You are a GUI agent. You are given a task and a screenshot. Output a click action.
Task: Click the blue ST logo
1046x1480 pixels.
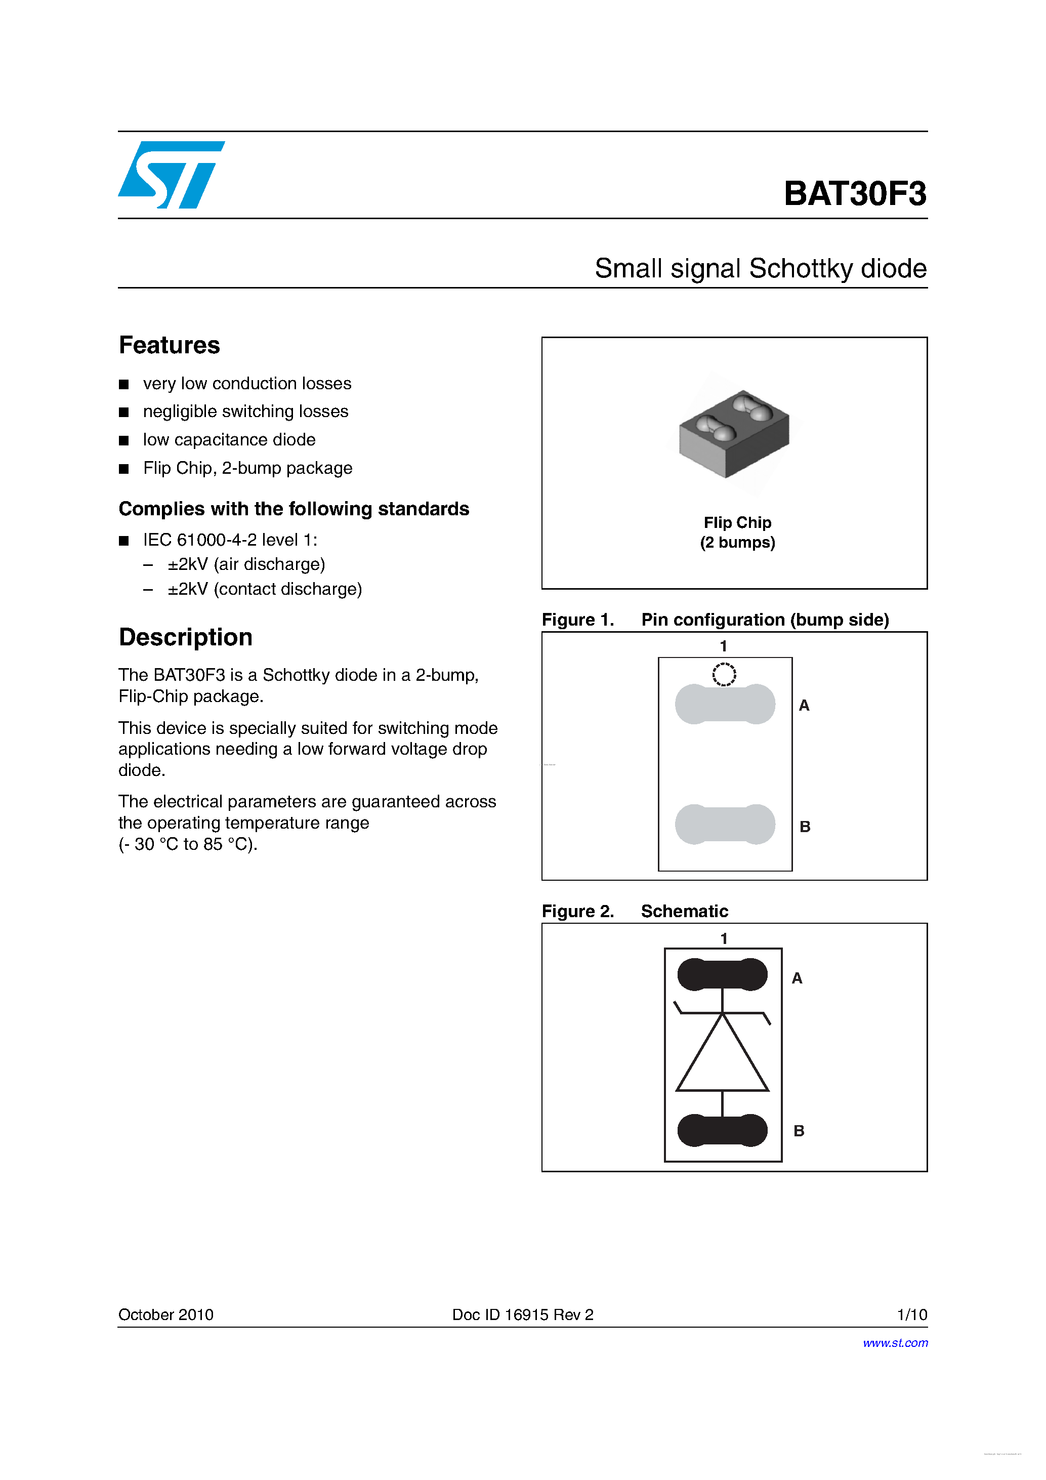point(170,175)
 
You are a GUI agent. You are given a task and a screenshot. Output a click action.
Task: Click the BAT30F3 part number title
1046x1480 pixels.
point(855,193)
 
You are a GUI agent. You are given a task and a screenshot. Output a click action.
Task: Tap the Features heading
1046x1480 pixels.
point(170,346)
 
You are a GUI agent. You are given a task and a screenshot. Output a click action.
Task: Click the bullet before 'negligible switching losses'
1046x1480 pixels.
point(124,413)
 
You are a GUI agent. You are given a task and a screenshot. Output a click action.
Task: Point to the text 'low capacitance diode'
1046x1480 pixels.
point(229,440)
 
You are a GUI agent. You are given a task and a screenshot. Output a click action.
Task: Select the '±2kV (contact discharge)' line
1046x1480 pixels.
point(264,589)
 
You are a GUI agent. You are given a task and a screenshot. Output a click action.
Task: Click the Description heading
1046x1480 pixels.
point(186,638)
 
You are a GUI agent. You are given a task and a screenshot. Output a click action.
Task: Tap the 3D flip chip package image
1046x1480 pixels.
point(734,433)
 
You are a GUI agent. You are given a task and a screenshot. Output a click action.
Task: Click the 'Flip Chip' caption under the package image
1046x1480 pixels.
point(737,523)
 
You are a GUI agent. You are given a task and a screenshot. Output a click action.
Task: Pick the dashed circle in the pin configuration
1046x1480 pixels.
point(724,674)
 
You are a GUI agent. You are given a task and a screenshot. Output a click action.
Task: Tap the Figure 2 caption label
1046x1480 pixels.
point(577,912)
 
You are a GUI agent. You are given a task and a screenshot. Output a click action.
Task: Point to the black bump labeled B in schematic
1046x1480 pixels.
point(723,1130)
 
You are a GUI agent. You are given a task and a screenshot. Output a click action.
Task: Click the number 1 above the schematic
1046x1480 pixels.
point(724,938)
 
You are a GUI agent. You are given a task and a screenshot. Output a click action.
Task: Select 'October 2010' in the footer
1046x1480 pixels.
point(165,1315)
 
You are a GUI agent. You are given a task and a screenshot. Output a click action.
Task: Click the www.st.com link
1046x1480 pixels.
point(895,1343)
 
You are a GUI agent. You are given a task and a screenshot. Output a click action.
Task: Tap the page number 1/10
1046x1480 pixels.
point(912,1315)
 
